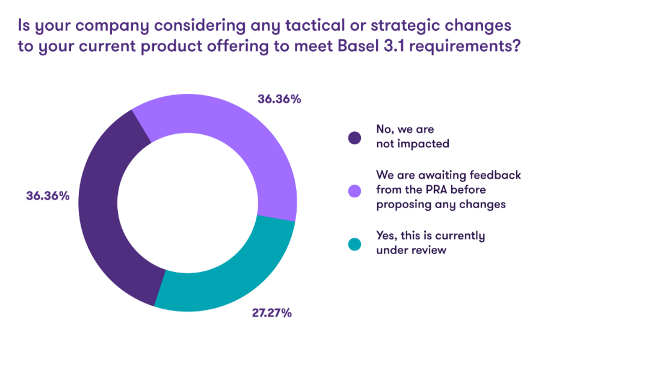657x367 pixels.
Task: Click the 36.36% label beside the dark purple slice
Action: pyautogui.click(x=48, y=196)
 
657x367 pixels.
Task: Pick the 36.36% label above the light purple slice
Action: pyautogui.click(x=279, y=99)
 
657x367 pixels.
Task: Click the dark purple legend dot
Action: pyautogui.click(x=355, y=138)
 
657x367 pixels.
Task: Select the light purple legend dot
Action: pyautogui.click(x=355, y=191)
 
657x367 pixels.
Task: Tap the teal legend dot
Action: pyautogui.click(x=355, y=244)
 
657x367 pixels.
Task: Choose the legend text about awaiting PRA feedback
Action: pyautogui.click(x=448, y=190)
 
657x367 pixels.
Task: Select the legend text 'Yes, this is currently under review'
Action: pyautogui.click(x=430, y=242)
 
